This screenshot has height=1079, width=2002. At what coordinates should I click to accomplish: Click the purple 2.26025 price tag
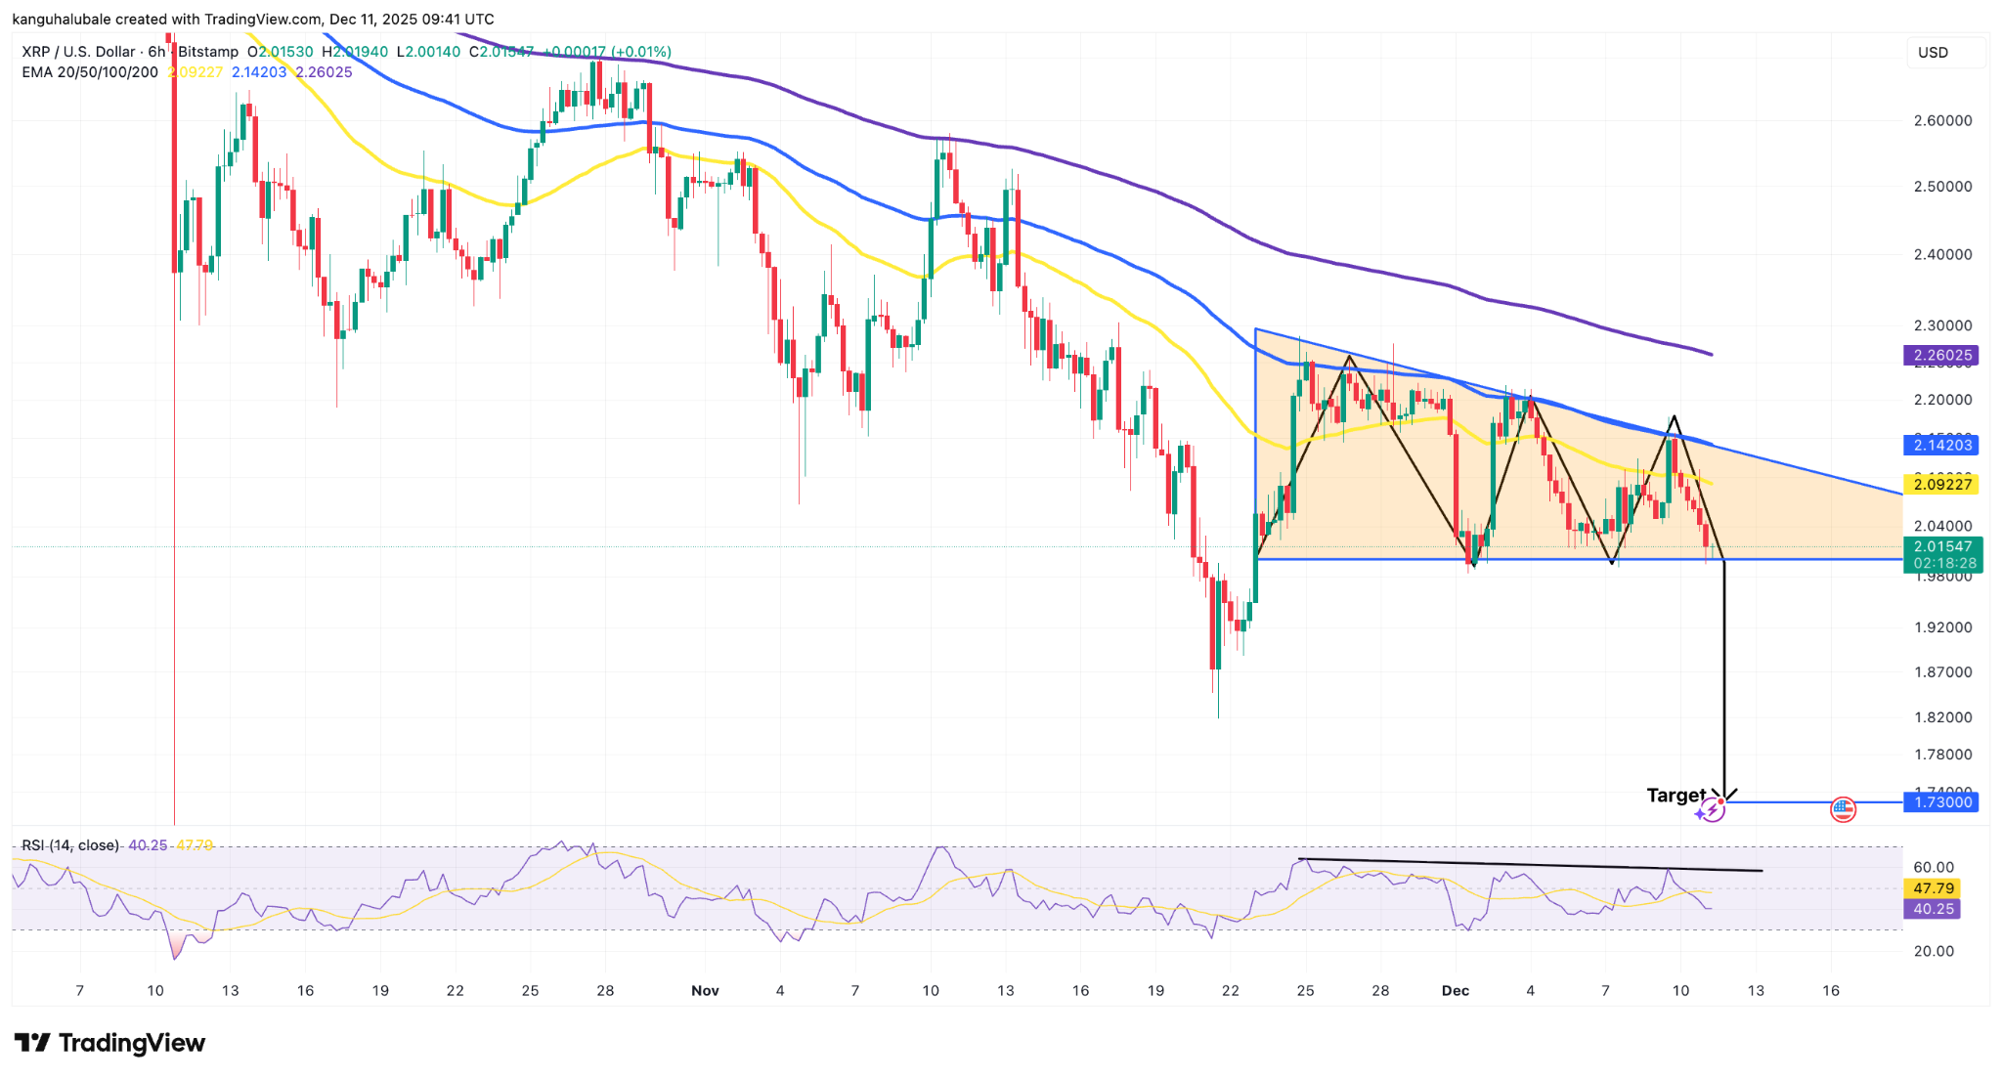1941,356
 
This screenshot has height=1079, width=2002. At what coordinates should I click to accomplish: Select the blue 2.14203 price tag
1941,446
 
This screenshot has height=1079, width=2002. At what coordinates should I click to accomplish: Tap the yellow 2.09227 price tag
1941,485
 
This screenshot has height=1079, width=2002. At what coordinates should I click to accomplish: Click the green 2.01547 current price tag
1941,547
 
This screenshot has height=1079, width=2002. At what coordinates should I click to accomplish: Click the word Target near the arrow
1676,796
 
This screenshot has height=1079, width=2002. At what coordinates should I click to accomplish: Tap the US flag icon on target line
1843,808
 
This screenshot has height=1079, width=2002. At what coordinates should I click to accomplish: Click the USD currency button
1933,53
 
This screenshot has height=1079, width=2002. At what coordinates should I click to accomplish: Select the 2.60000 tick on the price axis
1942,121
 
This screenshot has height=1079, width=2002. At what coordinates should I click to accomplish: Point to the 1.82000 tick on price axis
1942,717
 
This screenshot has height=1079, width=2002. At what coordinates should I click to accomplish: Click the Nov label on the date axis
705,991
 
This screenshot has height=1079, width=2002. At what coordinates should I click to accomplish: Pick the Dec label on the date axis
1455,991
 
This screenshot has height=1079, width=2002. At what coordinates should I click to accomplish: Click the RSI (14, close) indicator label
70,845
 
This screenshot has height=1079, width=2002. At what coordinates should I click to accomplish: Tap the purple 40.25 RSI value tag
1934,910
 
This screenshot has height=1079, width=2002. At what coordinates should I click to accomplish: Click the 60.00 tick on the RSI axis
1934,868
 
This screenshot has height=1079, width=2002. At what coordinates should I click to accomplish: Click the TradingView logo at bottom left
109,1044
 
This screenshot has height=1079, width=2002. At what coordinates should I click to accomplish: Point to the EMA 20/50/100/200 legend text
90,72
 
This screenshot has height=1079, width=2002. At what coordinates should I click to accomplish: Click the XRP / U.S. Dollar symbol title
78,52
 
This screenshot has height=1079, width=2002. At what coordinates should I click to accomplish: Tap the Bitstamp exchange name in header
208,52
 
